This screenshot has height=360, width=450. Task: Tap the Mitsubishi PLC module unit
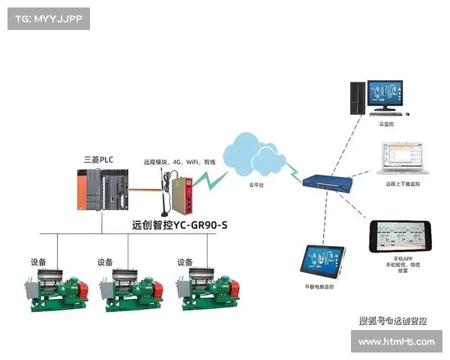pos(103,189)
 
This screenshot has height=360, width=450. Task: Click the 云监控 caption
pos(385,124)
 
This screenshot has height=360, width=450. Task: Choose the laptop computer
pos(398,158)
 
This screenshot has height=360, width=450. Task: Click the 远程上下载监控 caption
pos(403,184)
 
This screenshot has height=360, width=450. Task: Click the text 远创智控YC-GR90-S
pos(178,223)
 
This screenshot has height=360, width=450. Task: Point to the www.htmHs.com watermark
pos(396,342)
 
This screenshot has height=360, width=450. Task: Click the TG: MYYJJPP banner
pos(47,19)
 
